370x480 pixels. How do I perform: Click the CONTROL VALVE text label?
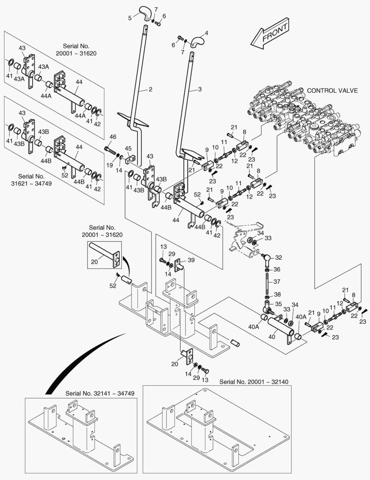[x=332, y=90]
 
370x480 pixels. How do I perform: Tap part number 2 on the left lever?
[x=151, y=89]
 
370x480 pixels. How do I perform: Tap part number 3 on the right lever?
[x=200, y=89]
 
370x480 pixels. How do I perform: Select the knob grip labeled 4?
[x=197, y=42]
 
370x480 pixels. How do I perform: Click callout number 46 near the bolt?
[x=113, y=136]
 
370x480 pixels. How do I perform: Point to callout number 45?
[x=128, y=148]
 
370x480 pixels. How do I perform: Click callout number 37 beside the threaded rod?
[x=276, y=281]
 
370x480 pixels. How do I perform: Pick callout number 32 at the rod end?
[x=278, y=257]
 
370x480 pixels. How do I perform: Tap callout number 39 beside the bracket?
[x=191, y=260]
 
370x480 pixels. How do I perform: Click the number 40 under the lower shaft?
[x=272, y=337]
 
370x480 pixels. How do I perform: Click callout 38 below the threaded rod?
[x=277, y=294]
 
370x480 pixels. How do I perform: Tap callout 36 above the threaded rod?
[x=277, y=269]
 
